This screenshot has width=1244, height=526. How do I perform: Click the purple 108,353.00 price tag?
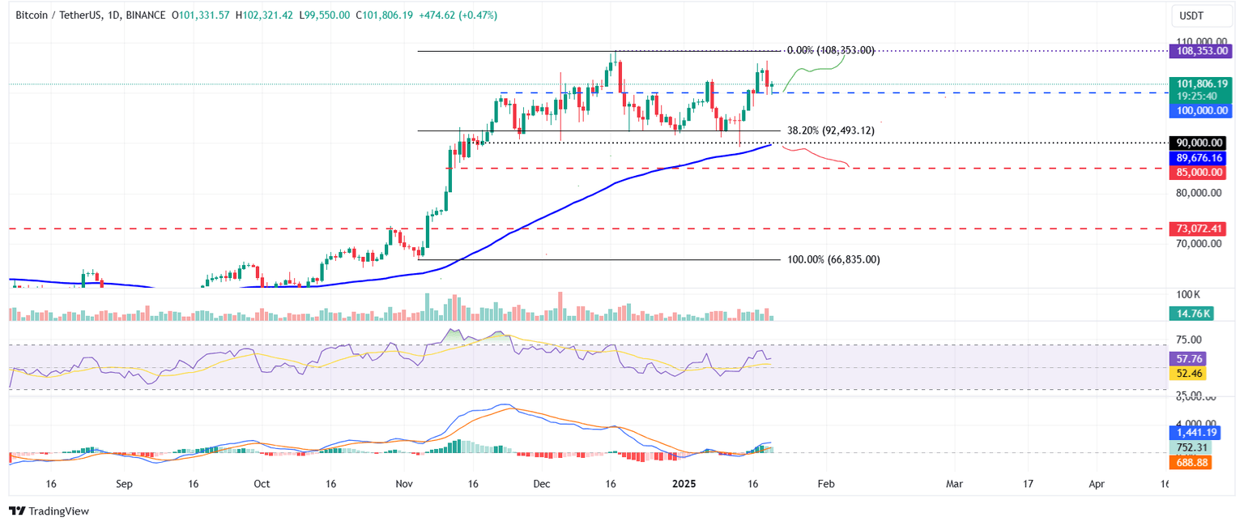tap(1201, 51)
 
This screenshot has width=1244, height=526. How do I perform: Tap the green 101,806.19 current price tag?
tap(1201, 83)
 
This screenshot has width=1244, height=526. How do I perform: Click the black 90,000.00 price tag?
tap(1201, 143)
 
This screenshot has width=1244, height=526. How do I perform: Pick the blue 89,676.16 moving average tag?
tap(1201, 158)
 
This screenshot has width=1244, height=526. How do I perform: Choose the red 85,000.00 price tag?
tap(1201, 173)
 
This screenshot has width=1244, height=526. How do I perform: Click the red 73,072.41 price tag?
tap(1201, 229)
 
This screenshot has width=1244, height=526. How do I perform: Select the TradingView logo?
tap(49, 511)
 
